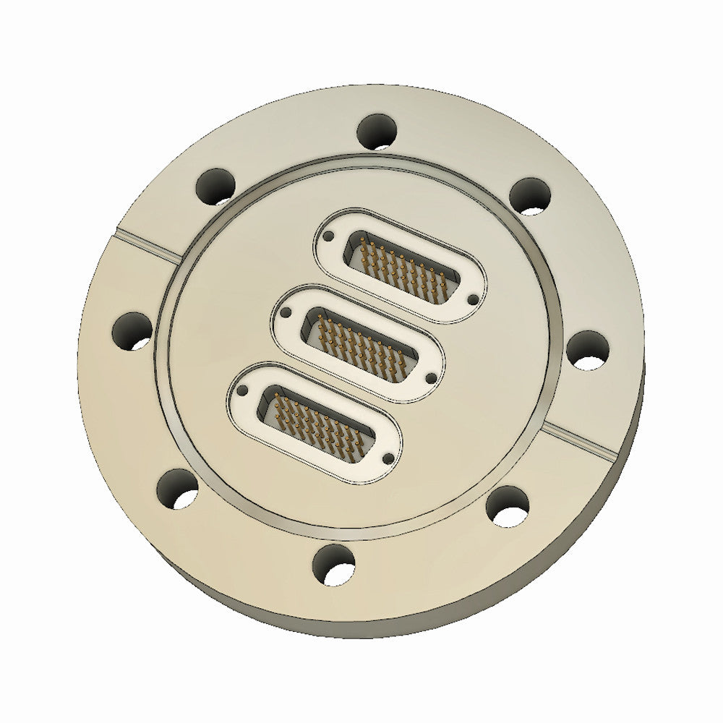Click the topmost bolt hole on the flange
pyautogui.click(x=378, y=132)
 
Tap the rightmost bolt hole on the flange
pyautogui.click(x=587, y=351)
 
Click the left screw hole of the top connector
pyautogui.click(x=330, y=236)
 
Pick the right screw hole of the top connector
pyautogui.click(x=474, y=298)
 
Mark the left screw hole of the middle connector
pyautogui.click(x=287, y=313)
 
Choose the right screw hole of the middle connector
pyautogui.click(x=432, y=377)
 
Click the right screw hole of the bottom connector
pyautogui.click(x=387, y=457)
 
